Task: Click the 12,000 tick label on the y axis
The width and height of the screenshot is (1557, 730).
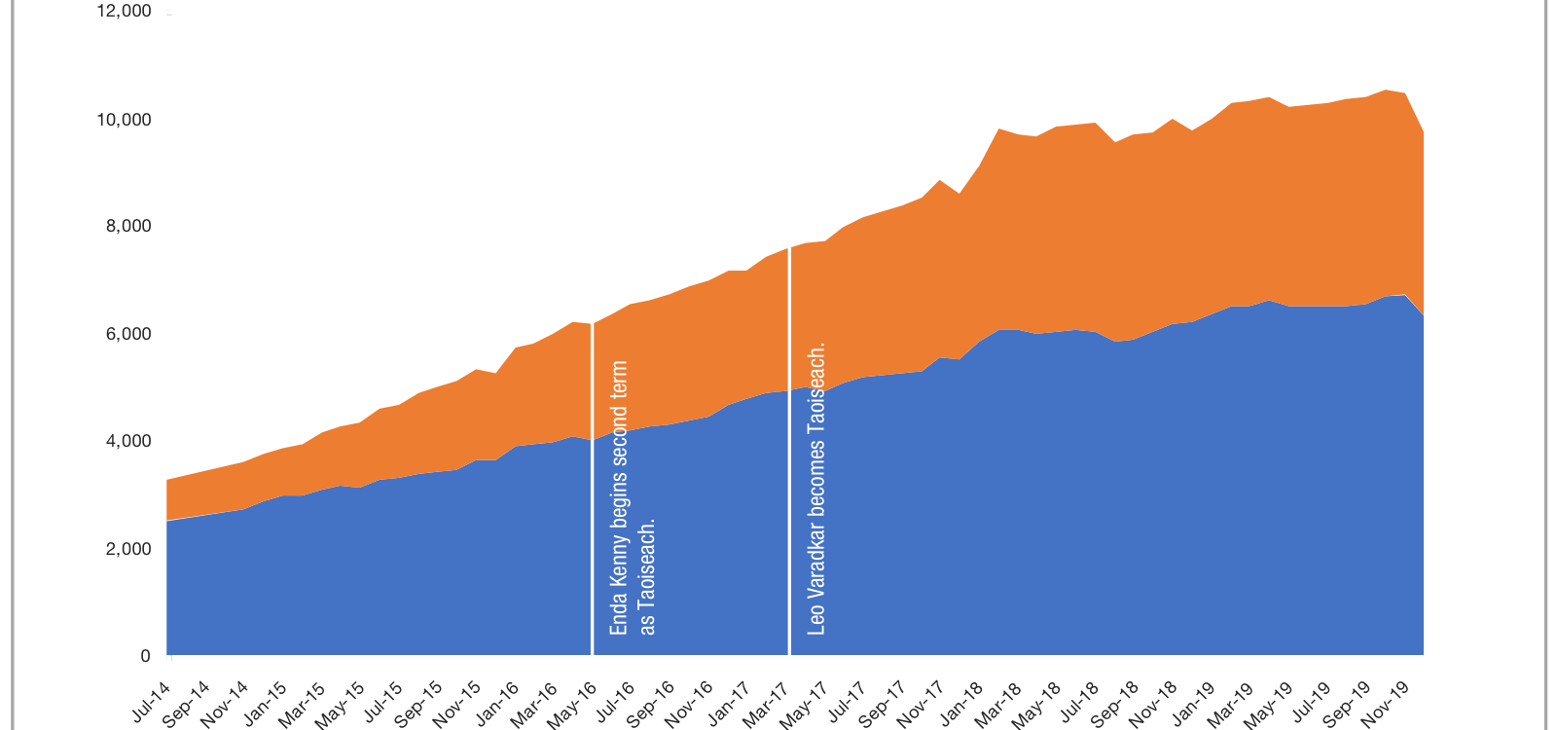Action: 125,12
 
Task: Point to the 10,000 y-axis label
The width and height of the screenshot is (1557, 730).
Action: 125,120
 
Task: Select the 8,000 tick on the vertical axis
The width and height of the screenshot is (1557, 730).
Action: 128,227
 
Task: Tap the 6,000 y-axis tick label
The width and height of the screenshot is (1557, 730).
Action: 128,334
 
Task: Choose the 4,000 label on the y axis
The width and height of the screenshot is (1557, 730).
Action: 128,441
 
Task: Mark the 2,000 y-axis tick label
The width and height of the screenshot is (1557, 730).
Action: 128,549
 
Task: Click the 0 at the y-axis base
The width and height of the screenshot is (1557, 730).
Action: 145,656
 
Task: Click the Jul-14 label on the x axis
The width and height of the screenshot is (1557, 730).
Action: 152,700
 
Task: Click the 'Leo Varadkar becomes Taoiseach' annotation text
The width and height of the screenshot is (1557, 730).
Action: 816,488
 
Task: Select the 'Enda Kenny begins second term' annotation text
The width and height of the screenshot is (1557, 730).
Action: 619,497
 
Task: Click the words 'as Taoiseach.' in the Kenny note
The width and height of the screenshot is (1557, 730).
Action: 647,576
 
